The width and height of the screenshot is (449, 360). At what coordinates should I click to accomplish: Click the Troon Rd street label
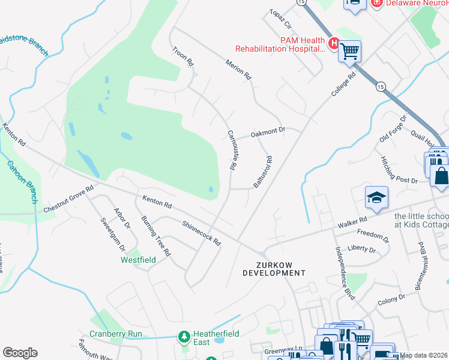tap(184, 56)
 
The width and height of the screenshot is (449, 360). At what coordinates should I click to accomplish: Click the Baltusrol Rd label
tap(262, 173)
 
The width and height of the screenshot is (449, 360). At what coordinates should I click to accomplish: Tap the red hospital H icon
tap(334, 43)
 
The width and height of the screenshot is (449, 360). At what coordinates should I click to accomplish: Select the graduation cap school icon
tap(376, 197)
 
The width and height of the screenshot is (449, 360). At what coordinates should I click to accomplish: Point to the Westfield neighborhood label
tap(138, 260)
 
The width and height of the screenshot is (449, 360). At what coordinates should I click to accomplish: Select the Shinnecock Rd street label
tap(202, 233)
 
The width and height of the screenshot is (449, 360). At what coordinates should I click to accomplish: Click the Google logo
tap(20, 352)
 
